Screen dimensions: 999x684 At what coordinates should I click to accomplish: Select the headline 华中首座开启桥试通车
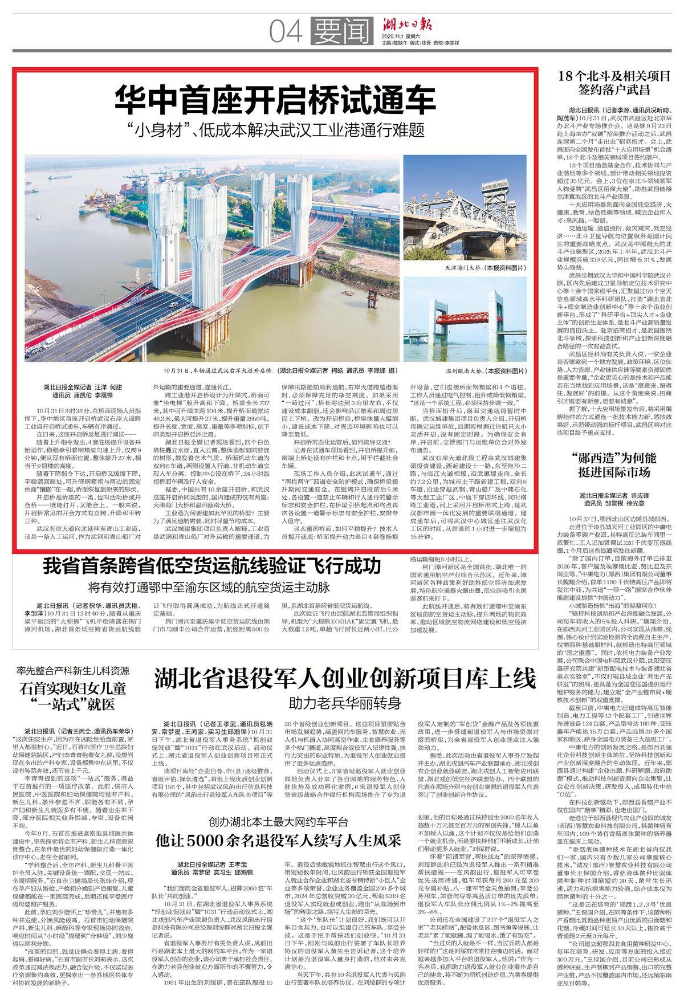[275, 101]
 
